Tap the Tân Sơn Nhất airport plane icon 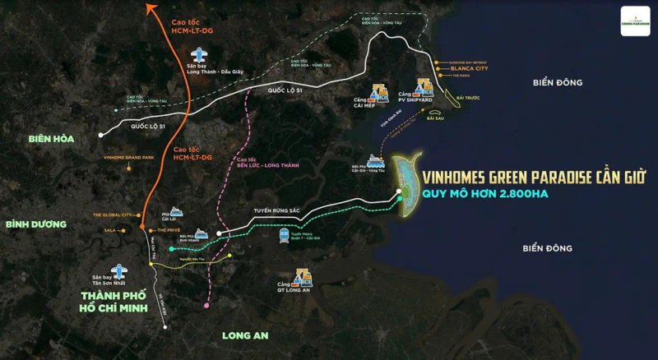pos(121,270)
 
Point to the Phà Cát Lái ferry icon pos(175,211)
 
